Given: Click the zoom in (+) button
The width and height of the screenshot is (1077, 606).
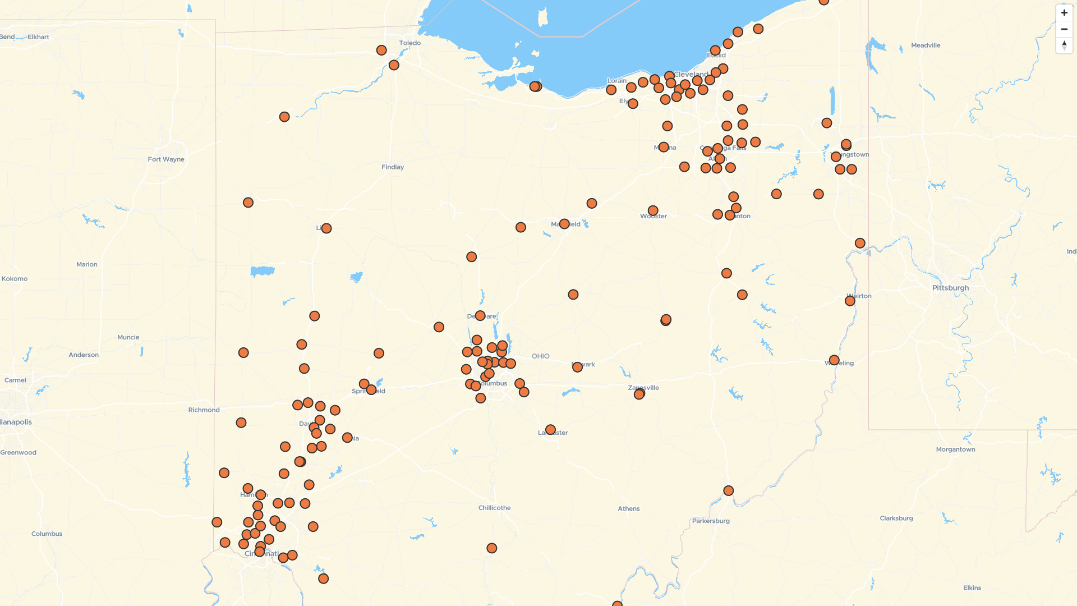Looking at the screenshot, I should (1064, 13).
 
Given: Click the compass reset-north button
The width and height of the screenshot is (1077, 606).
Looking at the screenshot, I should (1064, 45).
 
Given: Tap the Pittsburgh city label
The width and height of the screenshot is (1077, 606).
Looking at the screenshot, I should (950, 288).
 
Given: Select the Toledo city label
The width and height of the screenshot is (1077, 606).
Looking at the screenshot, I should (409, 43).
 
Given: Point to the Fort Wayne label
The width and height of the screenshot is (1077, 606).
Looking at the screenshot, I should (166, 159).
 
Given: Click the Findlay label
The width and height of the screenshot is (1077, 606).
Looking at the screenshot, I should (393, 167).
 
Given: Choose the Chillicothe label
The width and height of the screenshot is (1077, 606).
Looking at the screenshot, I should (494, 508).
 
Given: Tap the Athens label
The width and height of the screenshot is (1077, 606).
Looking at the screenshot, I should (628, 509).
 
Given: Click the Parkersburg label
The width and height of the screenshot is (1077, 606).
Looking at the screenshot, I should (711, 521).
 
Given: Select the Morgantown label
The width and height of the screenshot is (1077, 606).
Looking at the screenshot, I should (955, 449).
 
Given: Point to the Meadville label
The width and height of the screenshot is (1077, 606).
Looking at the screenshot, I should (926, 45).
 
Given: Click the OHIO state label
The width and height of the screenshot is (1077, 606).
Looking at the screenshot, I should (540, 356).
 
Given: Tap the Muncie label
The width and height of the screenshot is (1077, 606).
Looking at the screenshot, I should (128, 337).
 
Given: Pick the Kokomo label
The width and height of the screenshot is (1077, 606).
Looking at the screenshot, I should (15, 279).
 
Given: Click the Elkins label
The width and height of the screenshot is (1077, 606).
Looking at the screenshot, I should (972, 588).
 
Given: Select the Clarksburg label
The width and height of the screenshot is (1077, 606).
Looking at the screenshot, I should (896, 518).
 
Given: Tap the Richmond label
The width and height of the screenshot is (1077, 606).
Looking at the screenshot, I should (204, 410).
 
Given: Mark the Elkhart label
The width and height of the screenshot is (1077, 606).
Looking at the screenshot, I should (38, 37).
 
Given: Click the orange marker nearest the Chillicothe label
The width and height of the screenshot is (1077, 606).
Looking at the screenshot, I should (491, 548).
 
